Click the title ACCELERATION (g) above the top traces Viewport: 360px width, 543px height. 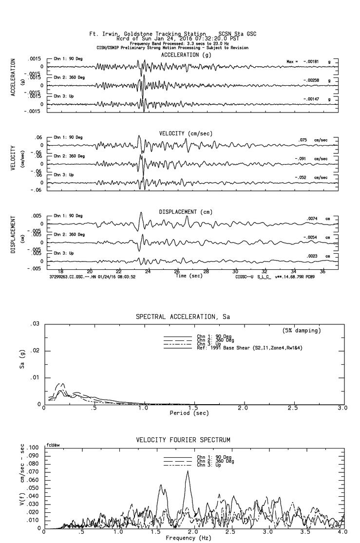[187, 55]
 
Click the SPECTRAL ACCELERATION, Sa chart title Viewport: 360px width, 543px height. [183, 317]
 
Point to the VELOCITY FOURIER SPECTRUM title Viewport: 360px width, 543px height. [183, 440]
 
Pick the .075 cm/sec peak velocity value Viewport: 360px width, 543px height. [303, 140]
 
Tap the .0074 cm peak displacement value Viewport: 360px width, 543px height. [312, 219]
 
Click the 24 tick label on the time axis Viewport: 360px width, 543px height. [148, 271]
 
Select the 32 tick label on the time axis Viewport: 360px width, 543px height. [265, 271]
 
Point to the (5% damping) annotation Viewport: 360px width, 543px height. [302, 331]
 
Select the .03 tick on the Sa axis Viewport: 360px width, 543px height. [35, 324]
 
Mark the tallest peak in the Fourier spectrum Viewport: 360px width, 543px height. [188, 471]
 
